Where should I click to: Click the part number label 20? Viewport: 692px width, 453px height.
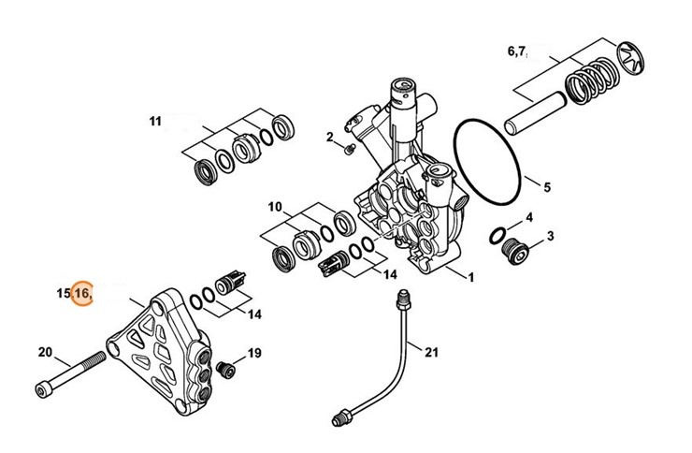pyautogui.click(x=45, y=352)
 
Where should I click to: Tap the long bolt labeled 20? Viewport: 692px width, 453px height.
pyautogui.click(x=70, y=374)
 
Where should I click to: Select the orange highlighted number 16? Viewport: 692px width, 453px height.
pyautogui.click(x=82, y=293)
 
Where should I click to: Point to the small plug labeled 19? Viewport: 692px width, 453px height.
pyautogui.click(x=225, y=369)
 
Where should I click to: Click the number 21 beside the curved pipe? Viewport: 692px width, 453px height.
pyautogui.click(x=432, y=352)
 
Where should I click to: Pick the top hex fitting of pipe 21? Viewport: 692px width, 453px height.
pyautogui.click(x=403, y=300)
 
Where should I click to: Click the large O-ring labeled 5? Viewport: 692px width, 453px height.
pyautogui.click(x=487, y=161)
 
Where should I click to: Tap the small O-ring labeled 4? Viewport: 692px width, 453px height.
pyautogui.click(x=498, y=236)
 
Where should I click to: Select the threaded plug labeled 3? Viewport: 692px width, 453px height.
pyautogui.click(x=515, y=252)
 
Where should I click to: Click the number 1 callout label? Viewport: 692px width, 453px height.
pyautogui.click(x=471, y=277)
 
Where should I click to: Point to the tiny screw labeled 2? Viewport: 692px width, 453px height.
pyautogui.click(x=349, y=149)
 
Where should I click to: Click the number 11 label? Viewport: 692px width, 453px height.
pyautogui.click(x=155, y=121)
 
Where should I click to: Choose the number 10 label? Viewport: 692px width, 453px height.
pyautogui.click(x=275, y=207)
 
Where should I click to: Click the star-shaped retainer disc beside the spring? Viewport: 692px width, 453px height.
pyautogui.click(x=630, y=58)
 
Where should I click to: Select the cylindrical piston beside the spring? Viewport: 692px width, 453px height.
pyautogui.click(x=535, y=113)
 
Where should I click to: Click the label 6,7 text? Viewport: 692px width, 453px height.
pyautogui.click(x=517, y=51)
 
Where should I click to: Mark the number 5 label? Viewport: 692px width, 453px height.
pyautogui.click(x=547, y=187)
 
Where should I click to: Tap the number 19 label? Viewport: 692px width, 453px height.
pyautogui.click(x=254, y=353)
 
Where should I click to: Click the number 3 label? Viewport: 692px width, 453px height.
pyautogui.click(x=550, y=236)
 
